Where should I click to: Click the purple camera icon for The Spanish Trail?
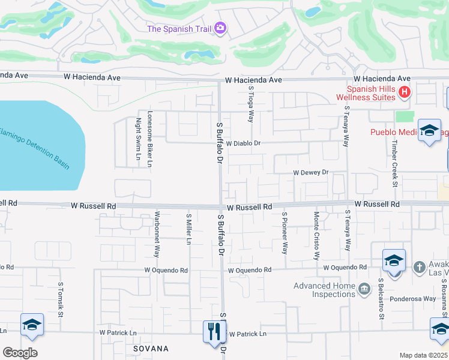click(x=220, y=28)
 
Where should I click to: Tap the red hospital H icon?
click(x=405, y=92)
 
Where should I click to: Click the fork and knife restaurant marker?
click(x=214, y=330)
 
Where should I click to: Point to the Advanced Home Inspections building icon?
click(x=364, y=290)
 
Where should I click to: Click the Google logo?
click(x=20, y=353)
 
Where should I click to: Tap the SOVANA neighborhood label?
click(x=151, y=348)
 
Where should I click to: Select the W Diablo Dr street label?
click(x=243, y=143)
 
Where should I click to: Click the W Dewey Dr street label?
click(x=311, y=172)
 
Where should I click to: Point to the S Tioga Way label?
click(x=251, y=103)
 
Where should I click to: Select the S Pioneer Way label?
click(x=285, y=232)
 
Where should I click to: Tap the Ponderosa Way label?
click(x=412, y=298)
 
